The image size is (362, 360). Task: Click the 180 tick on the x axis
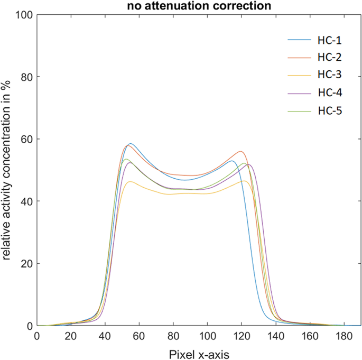pos(344,336)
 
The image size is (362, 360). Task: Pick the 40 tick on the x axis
pos(105,336)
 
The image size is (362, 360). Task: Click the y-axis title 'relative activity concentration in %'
pos(7,171)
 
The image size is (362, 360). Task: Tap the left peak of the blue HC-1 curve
pos(131,144)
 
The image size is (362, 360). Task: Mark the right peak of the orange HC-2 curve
pos(241,152)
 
